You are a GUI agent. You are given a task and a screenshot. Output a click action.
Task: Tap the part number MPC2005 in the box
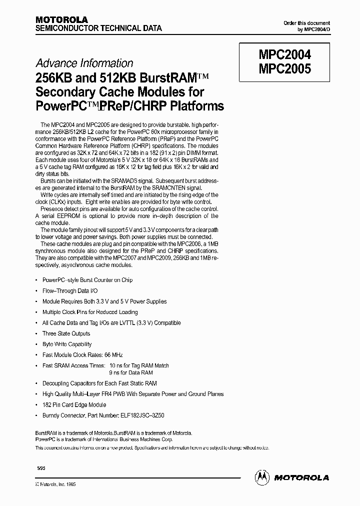[284, 68]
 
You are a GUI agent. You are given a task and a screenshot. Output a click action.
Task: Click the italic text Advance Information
[84, 63]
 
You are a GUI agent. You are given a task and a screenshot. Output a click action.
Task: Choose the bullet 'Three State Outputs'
[66, 333]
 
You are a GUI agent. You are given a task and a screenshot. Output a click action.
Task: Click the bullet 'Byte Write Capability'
[67, 344]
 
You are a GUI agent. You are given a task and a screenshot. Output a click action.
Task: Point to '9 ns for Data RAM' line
[130, 373]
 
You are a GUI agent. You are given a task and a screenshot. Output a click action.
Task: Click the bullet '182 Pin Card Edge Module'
[74, 404]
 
